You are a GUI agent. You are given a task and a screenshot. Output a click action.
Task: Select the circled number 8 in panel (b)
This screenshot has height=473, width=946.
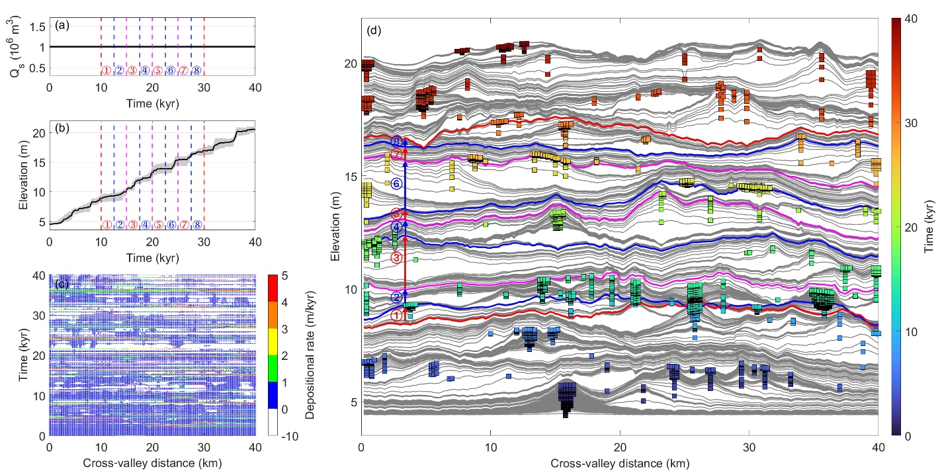[196, 225]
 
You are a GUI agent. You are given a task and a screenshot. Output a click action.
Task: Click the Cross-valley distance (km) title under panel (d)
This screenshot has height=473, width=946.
[619, 463]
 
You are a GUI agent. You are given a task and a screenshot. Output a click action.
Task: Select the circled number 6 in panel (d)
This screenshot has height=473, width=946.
[396, 184]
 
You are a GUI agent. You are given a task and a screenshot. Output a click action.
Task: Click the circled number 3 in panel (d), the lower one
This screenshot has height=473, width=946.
[396, 258]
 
